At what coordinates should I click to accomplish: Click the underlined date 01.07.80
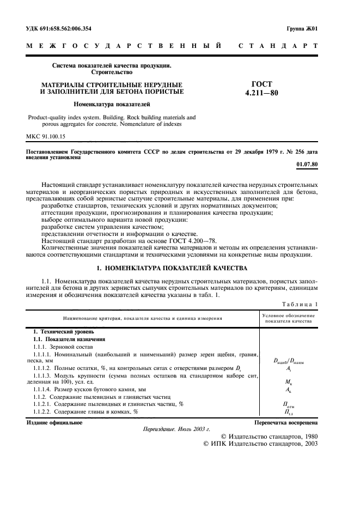(307, 163)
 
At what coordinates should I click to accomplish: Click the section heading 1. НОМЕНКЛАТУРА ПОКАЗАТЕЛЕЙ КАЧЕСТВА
(172, 268)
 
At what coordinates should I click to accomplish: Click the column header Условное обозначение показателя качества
(289, 318)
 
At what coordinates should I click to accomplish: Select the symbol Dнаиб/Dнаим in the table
(289, 361)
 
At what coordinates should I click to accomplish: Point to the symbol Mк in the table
(289, 382)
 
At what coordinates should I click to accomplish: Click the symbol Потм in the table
(289, 405)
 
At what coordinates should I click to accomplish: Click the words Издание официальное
(54, 422)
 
